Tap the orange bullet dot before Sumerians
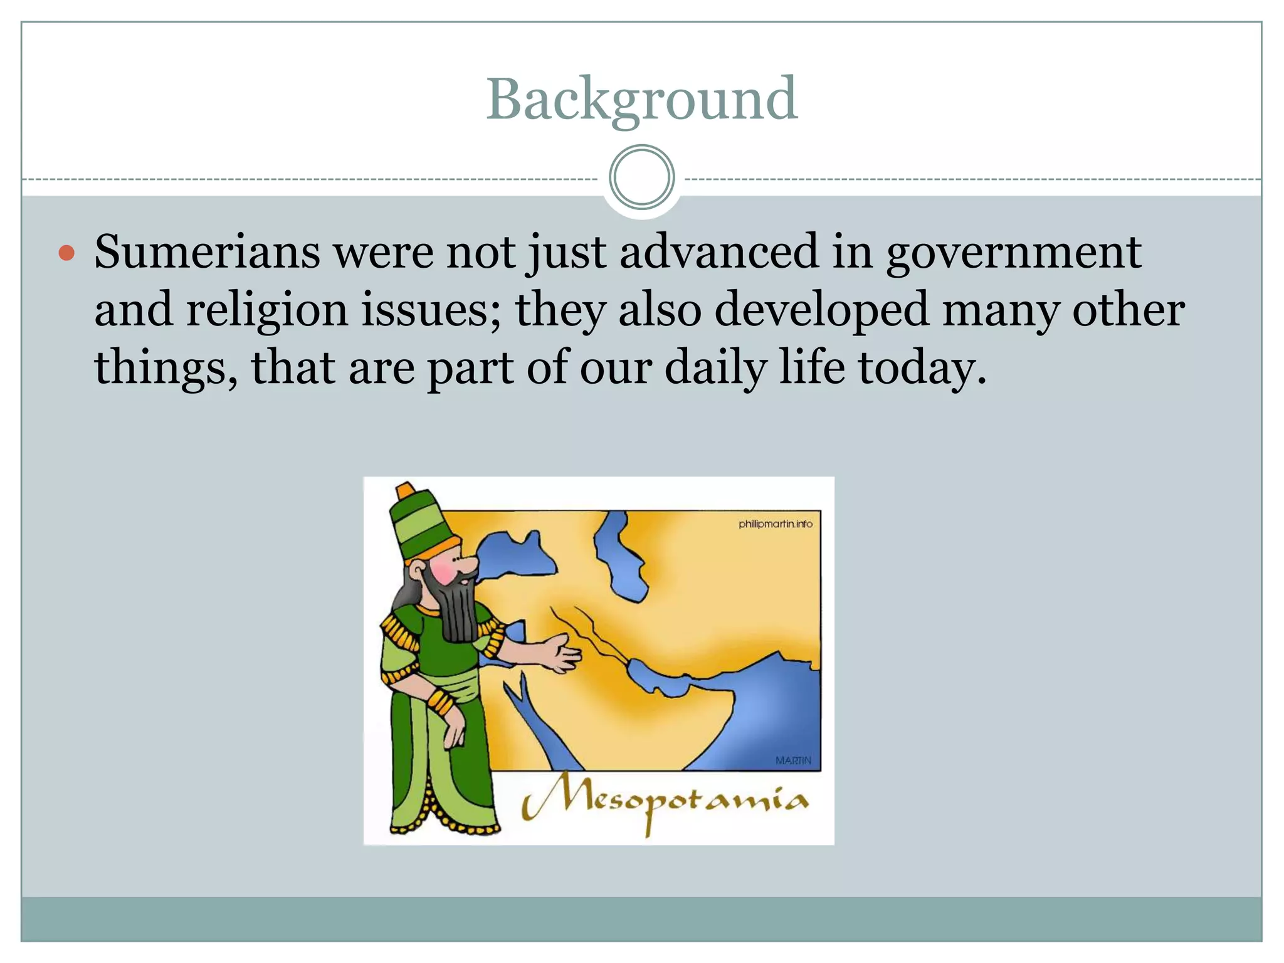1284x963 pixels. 66,253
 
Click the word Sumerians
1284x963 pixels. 207,252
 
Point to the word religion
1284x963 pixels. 266,311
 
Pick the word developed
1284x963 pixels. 821,311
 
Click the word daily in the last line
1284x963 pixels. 715,368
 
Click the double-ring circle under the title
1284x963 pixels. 641,177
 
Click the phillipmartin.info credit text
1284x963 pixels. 775,524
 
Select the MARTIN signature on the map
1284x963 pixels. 793,760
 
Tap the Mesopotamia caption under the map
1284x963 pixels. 665,802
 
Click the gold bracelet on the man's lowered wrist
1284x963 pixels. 441,702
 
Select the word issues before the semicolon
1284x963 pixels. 430,311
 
